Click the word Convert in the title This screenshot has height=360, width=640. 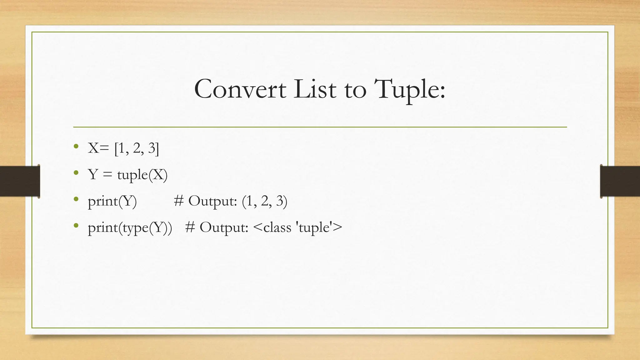[x=240, y=89]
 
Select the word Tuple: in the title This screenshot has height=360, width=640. [x=409, y=89]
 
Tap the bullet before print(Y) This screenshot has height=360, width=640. [x=76, y=199]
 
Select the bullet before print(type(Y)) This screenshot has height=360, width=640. [x=76, y=225]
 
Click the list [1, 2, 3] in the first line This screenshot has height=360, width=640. [x=137, y=148]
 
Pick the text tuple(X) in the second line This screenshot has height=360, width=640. [x=142, y=175]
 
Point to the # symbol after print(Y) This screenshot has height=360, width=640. [x=179, y=201]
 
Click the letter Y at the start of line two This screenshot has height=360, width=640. [x=93, y=174]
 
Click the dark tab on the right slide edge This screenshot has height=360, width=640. [x=620, y=181]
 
